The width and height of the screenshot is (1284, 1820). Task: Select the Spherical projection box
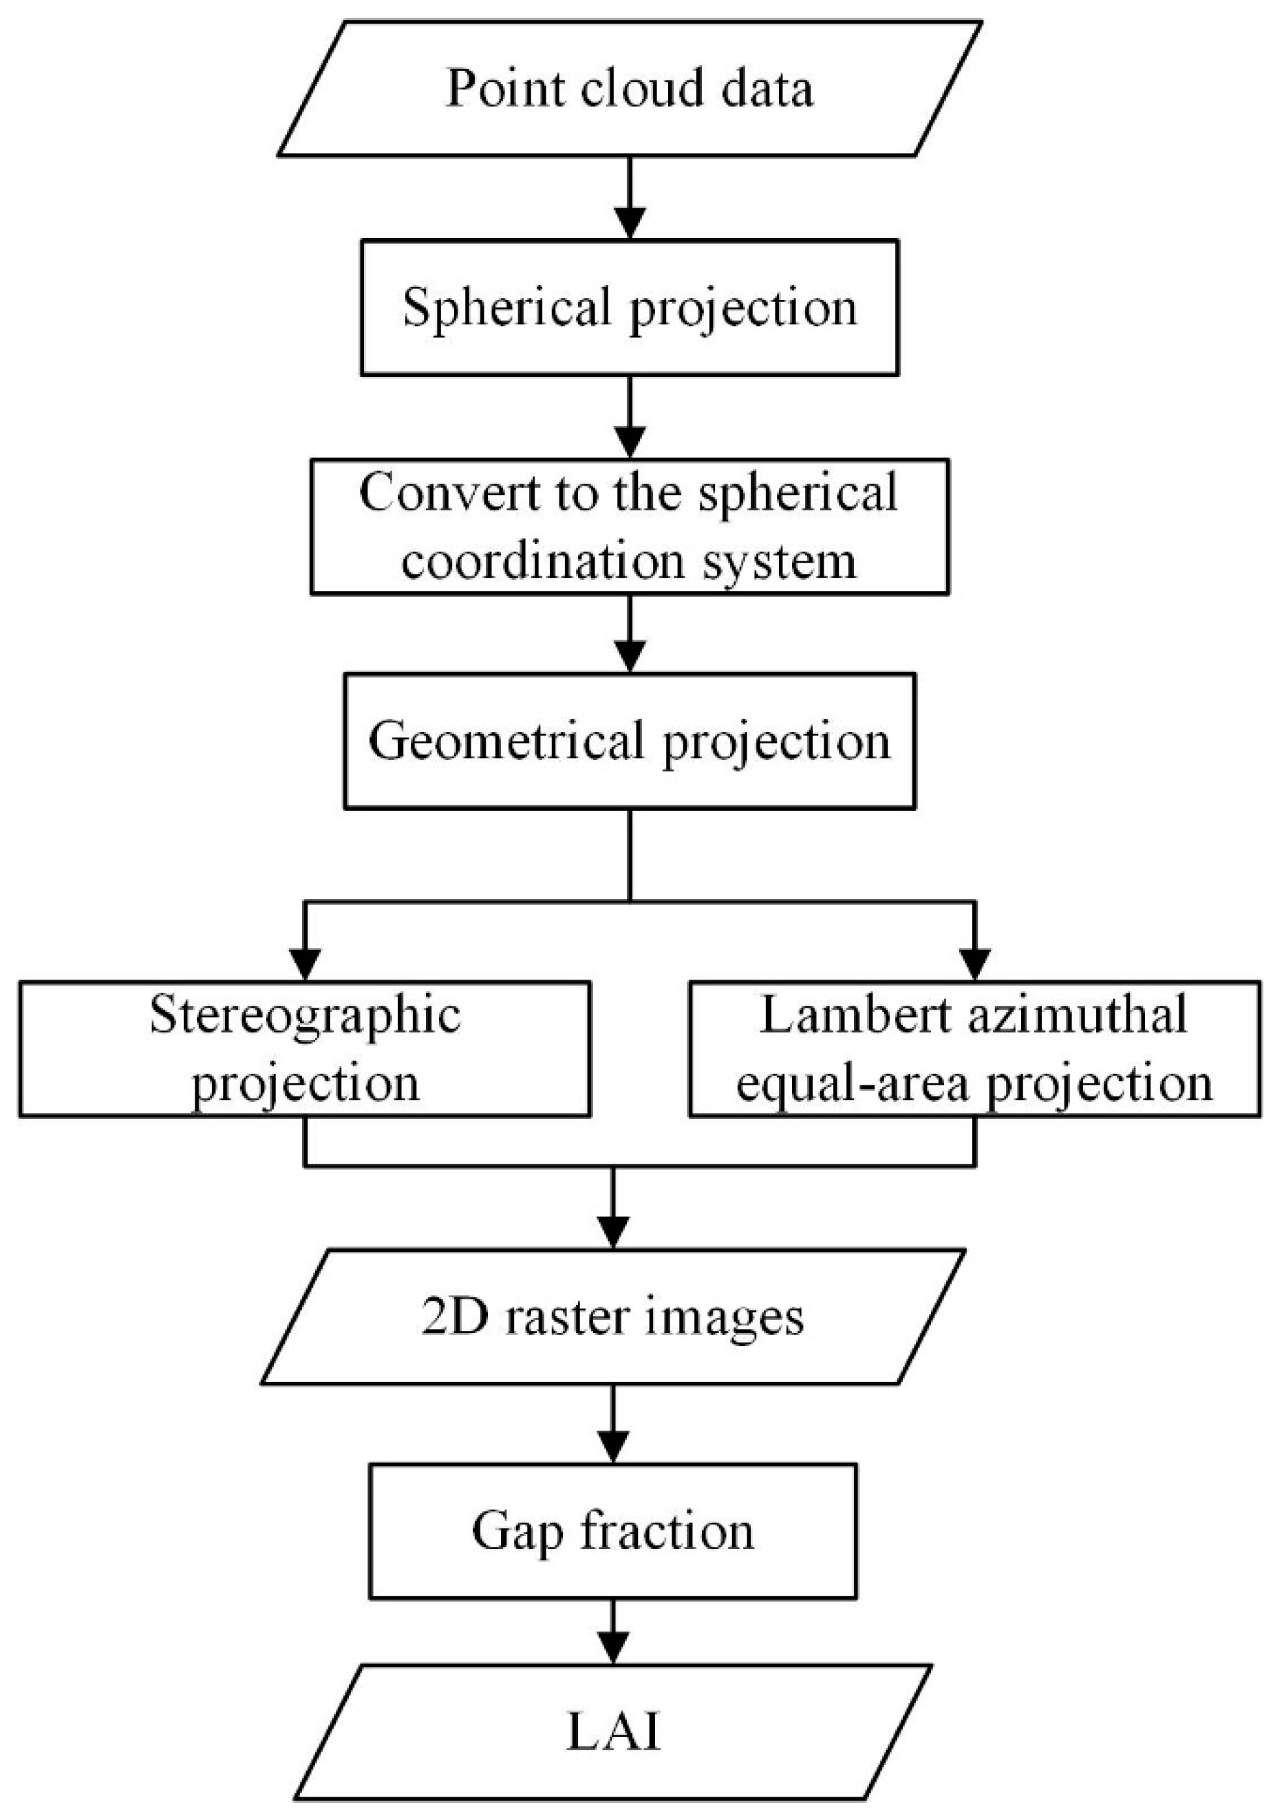tap(630, 307)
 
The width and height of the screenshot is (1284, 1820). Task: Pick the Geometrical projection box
tap(630, 741)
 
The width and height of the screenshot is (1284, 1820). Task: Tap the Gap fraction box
tap(613, 1530)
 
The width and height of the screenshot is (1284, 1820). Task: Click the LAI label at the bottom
tap(613, 1733)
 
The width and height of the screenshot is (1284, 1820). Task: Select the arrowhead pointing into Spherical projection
tap(630, 224)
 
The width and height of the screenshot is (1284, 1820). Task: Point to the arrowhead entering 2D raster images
tap(613, 1233)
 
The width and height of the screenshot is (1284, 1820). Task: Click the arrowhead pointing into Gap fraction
tap(613, 1447)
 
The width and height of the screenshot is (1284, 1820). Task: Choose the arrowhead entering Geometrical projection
tap(630, 657)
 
